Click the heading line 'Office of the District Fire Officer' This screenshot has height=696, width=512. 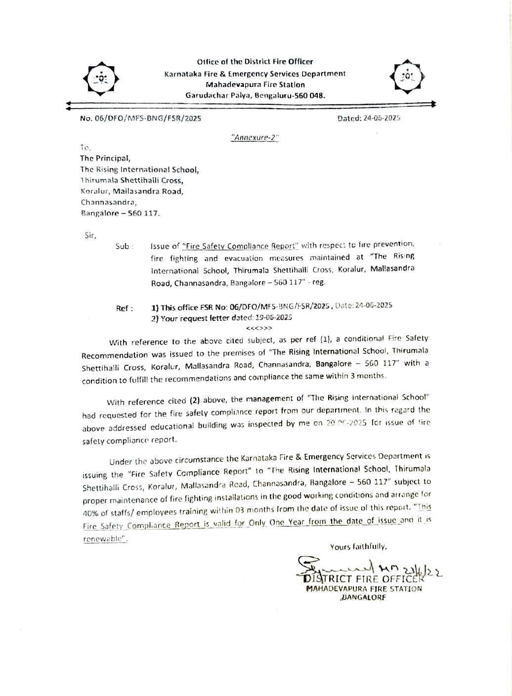coord(255,62)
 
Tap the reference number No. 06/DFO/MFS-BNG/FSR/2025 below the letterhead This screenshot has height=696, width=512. coord(140,119)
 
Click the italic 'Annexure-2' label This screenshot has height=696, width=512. coord(255,138)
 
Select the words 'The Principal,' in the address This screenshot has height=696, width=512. coord(105,159)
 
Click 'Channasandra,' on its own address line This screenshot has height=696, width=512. coord(109,202)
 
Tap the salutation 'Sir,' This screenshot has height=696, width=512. coord(90,235)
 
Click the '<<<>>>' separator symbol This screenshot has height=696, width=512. coord(258,328)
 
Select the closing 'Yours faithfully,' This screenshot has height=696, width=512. coord(358,547)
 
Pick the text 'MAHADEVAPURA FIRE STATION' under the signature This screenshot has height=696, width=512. coord(364,589)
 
